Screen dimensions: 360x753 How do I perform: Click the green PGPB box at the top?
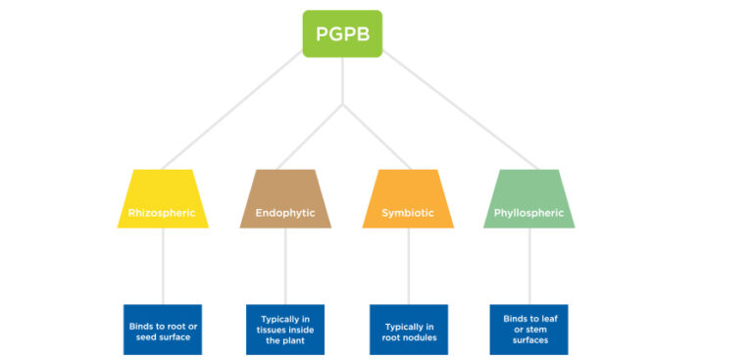pos(342,33)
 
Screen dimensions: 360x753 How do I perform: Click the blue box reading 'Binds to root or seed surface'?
pos(163,330)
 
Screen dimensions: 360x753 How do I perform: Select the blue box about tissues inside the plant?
pos(285,330)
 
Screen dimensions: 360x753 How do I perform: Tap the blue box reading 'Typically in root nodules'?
pos(408,330)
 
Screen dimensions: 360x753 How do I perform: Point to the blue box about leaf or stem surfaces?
pos(529,330)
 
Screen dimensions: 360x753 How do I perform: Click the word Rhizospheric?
pos(162,212)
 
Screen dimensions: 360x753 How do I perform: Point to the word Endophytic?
pos(285,212)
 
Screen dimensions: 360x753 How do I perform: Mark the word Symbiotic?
pos(408,212)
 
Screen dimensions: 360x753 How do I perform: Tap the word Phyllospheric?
pos(529,212)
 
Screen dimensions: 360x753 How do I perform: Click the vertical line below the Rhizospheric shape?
pos(163,266)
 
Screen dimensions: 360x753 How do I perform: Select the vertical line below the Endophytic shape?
pos(285,266)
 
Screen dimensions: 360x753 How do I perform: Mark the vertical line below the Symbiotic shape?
pos(408,266)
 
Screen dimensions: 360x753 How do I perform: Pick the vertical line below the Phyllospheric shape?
pos(529,266)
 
